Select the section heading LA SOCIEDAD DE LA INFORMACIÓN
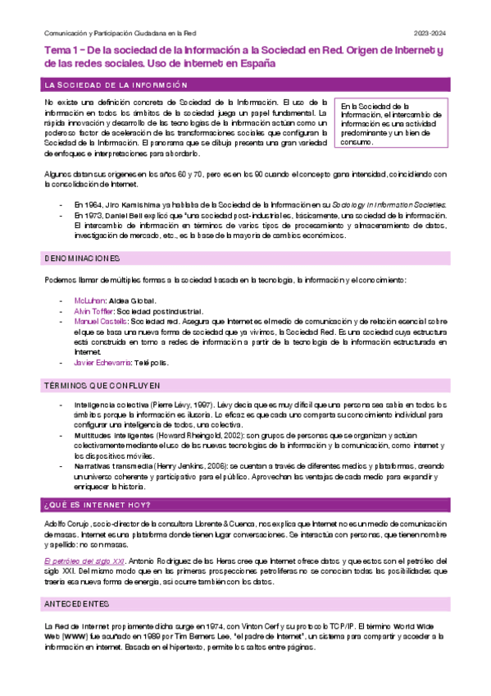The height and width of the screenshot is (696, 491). coord(116,85)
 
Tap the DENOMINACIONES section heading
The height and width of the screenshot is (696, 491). coord(82,259)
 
